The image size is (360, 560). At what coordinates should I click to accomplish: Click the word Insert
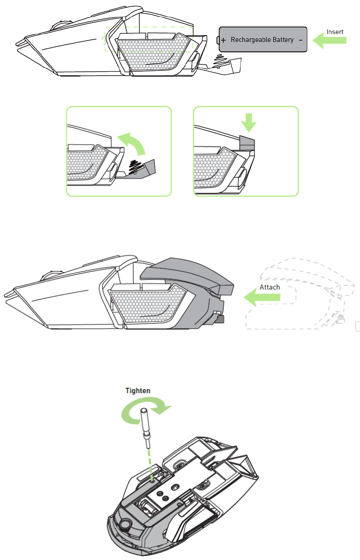[x=335, y=32]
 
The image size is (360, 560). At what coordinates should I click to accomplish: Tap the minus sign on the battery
[x=300, y=40]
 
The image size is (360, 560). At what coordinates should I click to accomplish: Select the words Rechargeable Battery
[x=262, y=40]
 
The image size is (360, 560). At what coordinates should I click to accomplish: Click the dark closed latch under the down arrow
[x=247, y=142]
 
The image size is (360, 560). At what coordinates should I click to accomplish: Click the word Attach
[x=270, y=287]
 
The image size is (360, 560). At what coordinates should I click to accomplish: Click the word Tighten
[x=138, y=390]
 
